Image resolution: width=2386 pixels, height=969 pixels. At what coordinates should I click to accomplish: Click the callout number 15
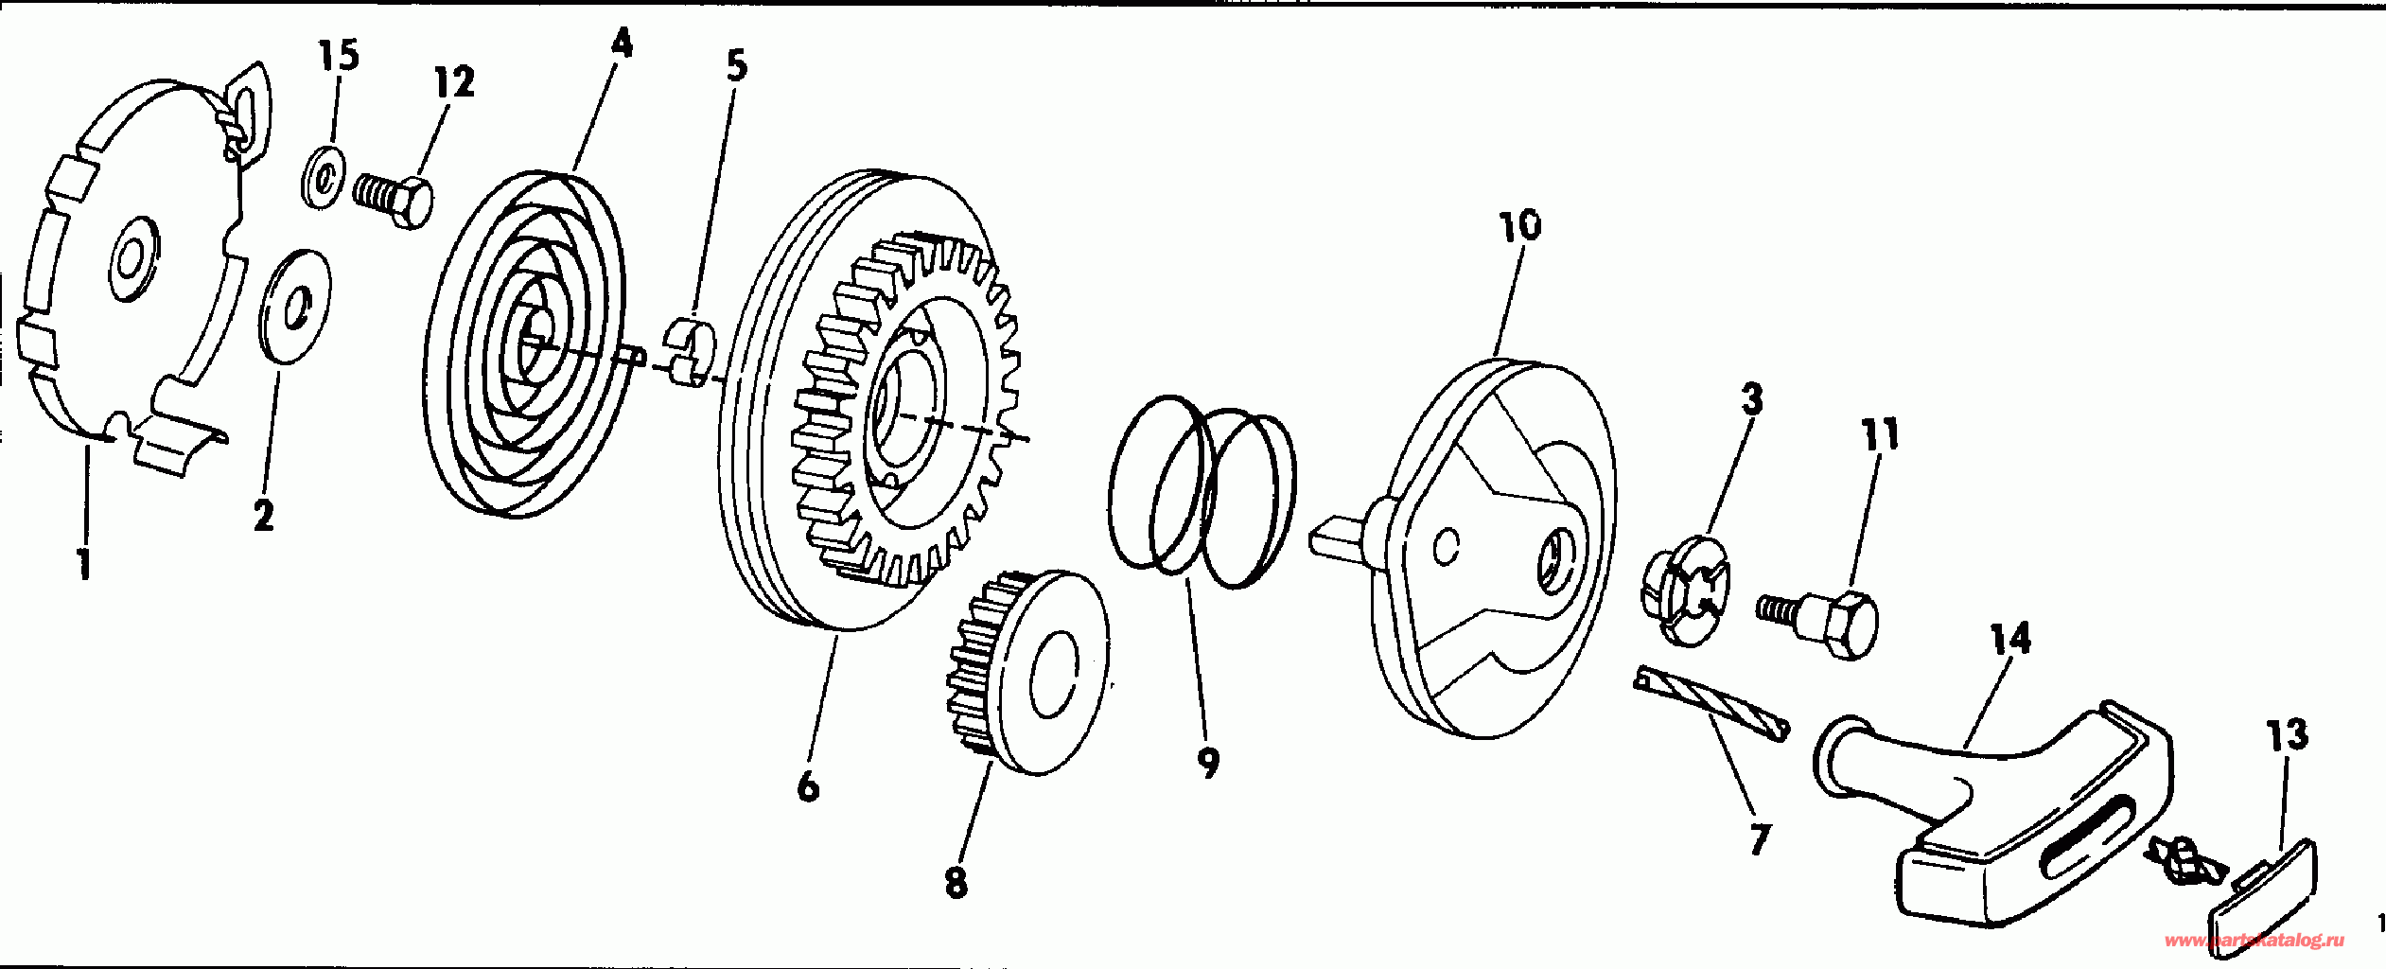click(x=339, y=57)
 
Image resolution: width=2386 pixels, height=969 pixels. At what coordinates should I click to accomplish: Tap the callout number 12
click(x=454, y=82)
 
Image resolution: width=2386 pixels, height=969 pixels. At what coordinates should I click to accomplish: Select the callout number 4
click(x=621, y=43)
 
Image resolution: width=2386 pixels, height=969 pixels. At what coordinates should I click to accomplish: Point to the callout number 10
click(x=1519, y=225)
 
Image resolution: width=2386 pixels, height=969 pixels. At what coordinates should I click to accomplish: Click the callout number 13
click(x=2288, y=735)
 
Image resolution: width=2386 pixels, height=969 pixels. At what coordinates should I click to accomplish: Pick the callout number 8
click(x=956, y=882)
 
